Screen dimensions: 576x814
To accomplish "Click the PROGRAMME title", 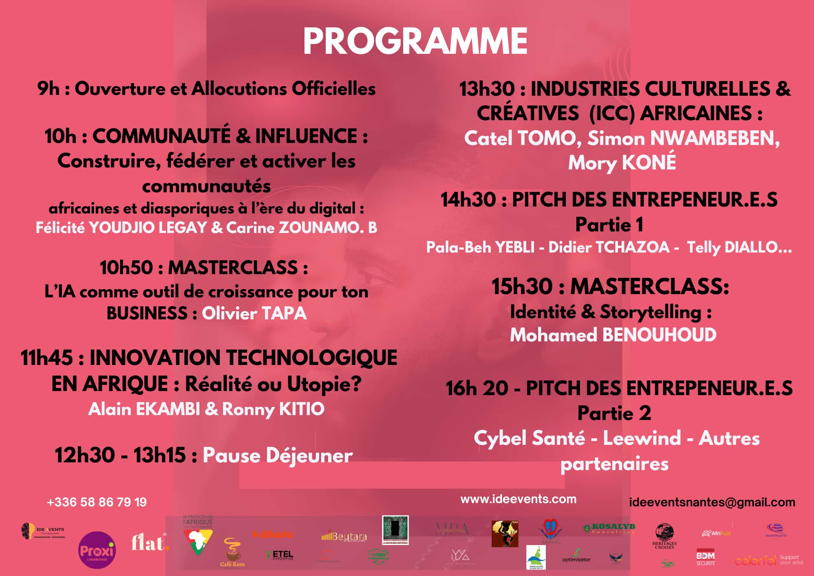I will [415, 41].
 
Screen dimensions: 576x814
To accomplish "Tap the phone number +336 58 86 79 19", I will [97, 502].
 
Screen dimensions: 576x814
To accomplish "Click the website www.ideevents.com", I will [518, 499].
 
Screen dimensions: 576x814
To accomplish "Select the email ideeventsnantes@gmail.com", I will [712, 502].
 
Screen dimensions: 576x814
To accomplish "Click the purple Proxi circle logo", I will [97, 550].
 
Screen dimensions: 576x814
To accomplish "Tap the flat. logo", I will [149, 543].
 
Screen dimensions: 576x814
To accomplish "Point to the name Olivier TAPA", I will [254, 313].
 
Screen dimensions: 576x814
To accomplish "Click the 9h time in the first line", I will [48, 89].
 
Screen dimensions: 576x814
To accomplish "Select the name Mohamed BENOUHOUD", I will [613, 335].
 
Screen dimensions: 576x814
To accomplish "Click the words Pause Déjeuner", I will [278, 455].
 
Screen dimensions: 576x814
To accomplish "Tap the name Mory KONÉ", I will [622, 163].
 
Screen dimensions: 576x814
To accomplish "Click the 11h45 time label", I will [47, 358].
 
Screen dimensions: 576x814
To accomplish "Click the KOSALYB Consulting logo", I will [610, 528].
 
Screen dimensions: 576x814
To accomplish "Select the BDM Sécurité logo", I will [705, 558].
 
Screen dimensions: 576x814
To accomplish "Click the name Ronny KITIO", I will [273, 409].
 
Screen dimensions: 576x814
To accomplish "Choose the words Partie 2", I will [614, 413].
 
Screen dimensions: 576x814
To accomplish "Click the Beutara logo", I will [344, 537].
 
